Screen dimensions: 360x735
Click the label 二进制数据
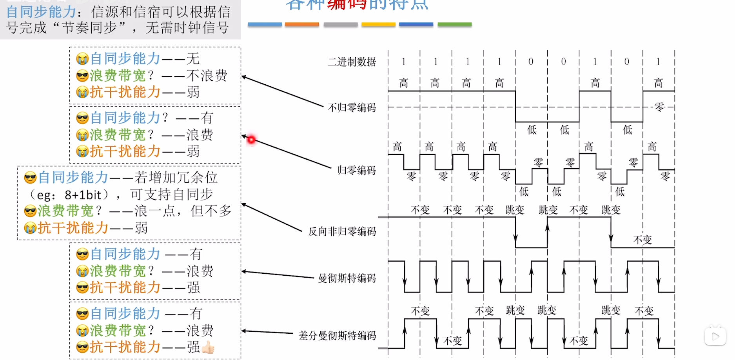coord(352,62)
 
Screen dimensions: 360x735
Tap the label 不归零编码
coord(352,107)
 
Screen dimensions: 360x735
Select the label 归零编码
coord(356,170)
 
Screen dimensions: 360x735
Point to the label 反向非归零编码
coord(342,231)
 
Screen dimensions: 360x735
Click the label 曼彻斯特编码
coord(347,278)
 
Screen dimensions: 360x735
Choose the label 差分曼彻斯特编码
coord(337,335)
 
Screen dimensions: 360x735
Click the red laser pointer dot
coord(251,139)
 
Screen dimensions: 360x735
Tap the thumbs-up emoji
coord(208,347)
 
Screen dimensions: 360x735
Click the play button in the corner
coord(715,336)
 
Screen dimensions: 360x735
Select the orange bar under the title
coord(302,24)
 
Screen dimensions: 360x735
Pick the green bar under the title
coord(454,24)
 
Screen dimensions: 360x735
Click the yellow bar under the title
coord(378,24)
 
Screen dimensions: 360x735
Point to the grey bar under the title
coord(340,24)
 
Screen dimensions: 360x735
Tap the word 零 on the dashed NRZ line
coord(659,107)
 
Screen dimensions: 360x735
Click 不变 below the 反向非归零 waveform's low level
coord(642,240)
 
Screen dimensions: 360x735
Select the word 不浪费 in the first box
coord(207,75)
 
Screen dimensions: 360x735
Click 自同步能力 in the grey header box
coord(41,12)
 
